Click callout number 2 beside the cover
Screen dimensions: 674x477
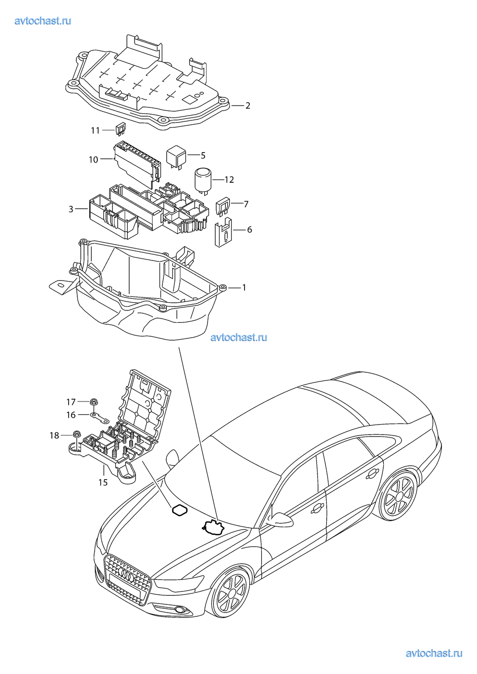pos(248,106)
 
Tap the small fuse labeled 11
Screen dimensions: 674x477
pos(120,128)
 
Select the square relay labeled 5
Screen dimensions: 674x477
pos(176,156)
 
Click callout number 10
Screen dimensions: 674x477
pos(93,159)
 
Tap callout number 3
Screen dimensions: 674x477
pos(71,209)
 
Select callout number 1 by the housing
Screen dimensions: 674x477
pos(244,287)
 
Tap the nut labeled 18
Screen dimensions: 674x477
pos(76,435)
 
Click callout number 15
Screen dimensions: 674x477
pos(103,482)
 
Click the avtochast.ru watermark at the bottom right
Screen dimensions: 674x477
pos(434,653)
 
